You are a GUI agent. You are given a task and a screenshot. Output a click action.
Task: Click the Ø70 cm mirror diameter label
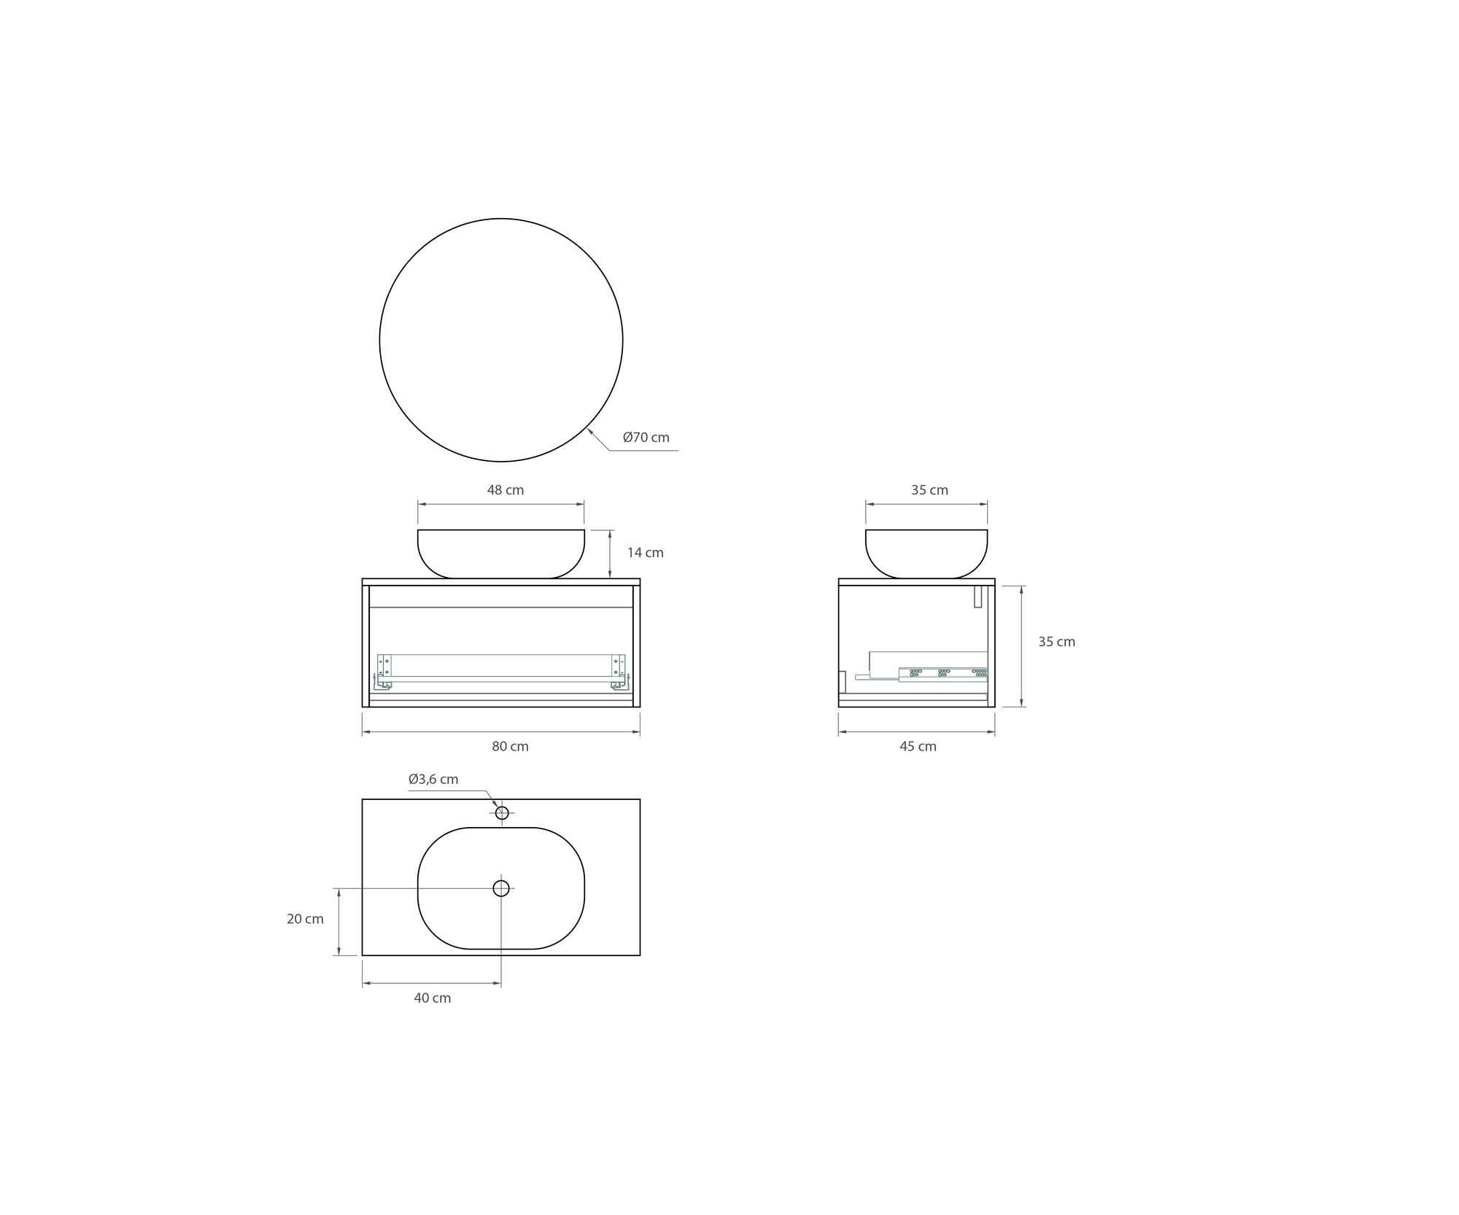coord(646,438)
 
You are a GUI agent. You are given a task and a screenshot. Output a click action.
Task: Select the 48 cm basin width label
coord(506,490)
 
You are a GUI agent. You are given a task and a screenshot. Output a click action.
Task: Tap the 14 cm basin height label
coord(646,553)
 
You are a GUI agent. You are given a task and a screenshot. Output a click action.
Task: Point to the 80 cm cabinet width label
coord(510,746)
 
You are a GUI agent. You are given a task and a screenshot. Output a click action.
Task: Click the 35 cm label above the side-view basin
coord(929,490)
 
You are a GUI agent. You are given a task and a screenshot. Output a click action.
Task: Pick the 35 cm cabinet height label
coord(1057,642)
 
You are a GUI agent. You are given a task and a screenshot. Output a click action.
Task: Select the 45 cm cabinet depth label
coord(918,746)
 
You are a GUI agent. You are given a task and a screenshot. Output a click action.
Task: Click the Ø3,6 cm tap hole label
coord(433,779)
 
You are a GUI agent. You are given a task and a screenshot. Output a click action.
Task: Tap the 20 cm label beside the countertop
coord(305,919)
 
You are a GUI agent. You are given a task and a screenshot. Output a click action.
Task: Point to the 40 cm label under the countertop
coord(433,998)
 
